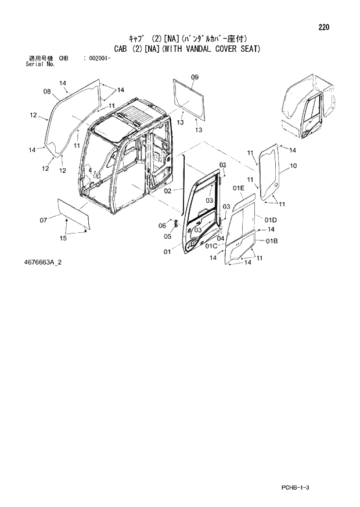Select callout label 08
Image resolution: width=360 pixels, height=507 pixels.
(x=48, y=91)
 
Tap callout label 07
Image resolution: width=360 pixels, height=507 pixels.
(x=43, y=220)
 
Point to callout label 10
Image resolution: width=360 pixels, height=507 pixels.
(x=293, y=166)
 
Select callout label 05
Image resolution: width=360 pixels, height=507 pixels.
(x=167, y=236)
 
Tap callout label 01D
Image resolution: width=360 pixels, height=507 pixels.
(x=271, y=220)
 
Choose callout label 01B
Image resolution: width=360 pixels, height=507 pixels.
(x=272, y=240)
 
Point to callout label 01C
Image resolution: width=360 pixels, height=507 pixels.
(x=212, y=246)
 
